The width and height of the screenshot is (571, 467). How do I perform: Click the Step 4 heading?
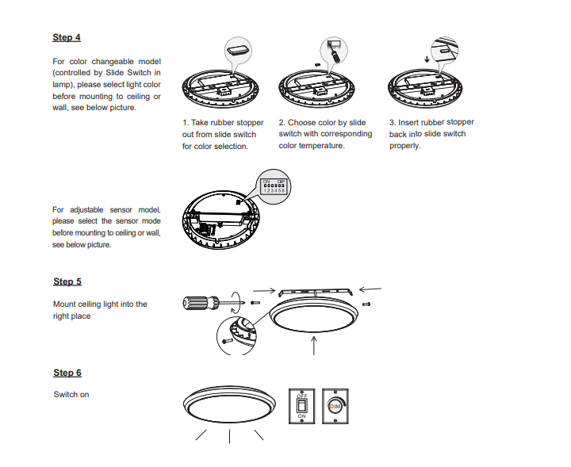point(67,37)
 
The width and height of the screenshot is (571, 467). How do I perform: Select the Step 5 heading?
point(67,281)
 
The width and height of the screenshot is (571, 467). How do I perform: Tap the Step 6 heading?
point(67,373)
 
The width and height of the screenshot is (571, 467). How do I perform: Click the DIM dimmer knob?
point(335,405)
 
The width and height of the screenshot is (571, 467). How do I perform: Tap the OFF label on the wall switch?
point(302,396)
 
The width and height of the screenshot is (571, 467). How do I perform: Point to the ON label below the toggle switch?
point(301,415)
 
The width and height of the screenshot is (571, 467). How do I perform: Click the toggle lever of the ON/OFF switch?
point(301,405)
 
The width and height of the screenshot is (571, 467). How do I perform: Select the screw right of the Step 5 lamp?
point(366,303)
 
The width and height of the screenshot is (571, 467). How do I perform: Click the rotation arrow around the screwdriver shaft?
point(235,300)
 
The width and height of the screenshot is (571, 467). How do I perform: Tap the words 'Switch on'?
point(71,394)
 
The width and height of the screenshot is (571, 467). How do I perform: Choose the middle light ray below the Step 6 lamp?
point(229,436)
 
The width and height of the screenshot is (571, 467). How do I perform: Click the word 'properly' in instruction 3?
point(404,146)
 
